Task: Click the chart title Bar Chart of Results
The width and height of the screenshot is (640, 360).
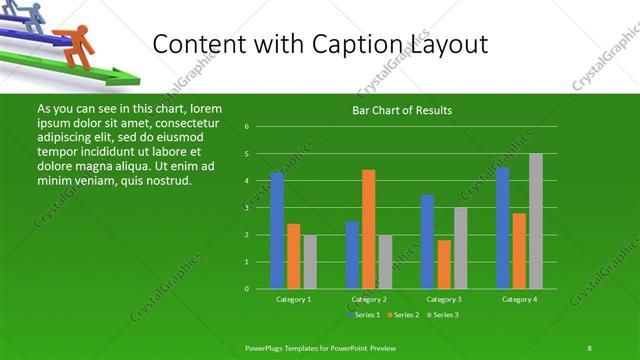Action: (401, 110)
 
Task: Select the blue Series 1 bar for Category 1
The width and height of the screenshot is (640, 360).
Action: (277, 230)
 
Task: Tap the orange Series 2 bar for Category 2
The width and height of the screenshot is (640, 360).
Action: (369, 229)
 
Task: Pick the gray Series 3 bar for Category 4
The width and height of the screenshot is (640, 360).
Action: (536, 221)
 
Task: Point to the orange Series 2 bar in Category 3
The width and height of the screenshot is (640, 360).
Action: (444, 264)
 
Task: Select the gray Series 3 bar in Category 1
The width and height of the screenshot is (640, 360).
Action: (310, 261)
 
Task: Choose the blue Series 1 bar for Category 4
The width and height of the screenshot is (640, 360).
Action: (503, 228)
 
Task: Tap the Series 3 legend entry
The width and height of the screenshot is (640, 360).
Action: (445, 315)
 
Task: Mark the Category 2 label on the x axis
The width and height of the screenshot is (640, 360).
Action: (369, 299)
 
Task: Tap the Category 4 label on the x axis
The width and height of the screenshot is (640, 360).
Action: (520, 299)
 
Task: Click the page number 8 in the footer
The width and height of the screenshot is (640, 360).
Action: (589, 347)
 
